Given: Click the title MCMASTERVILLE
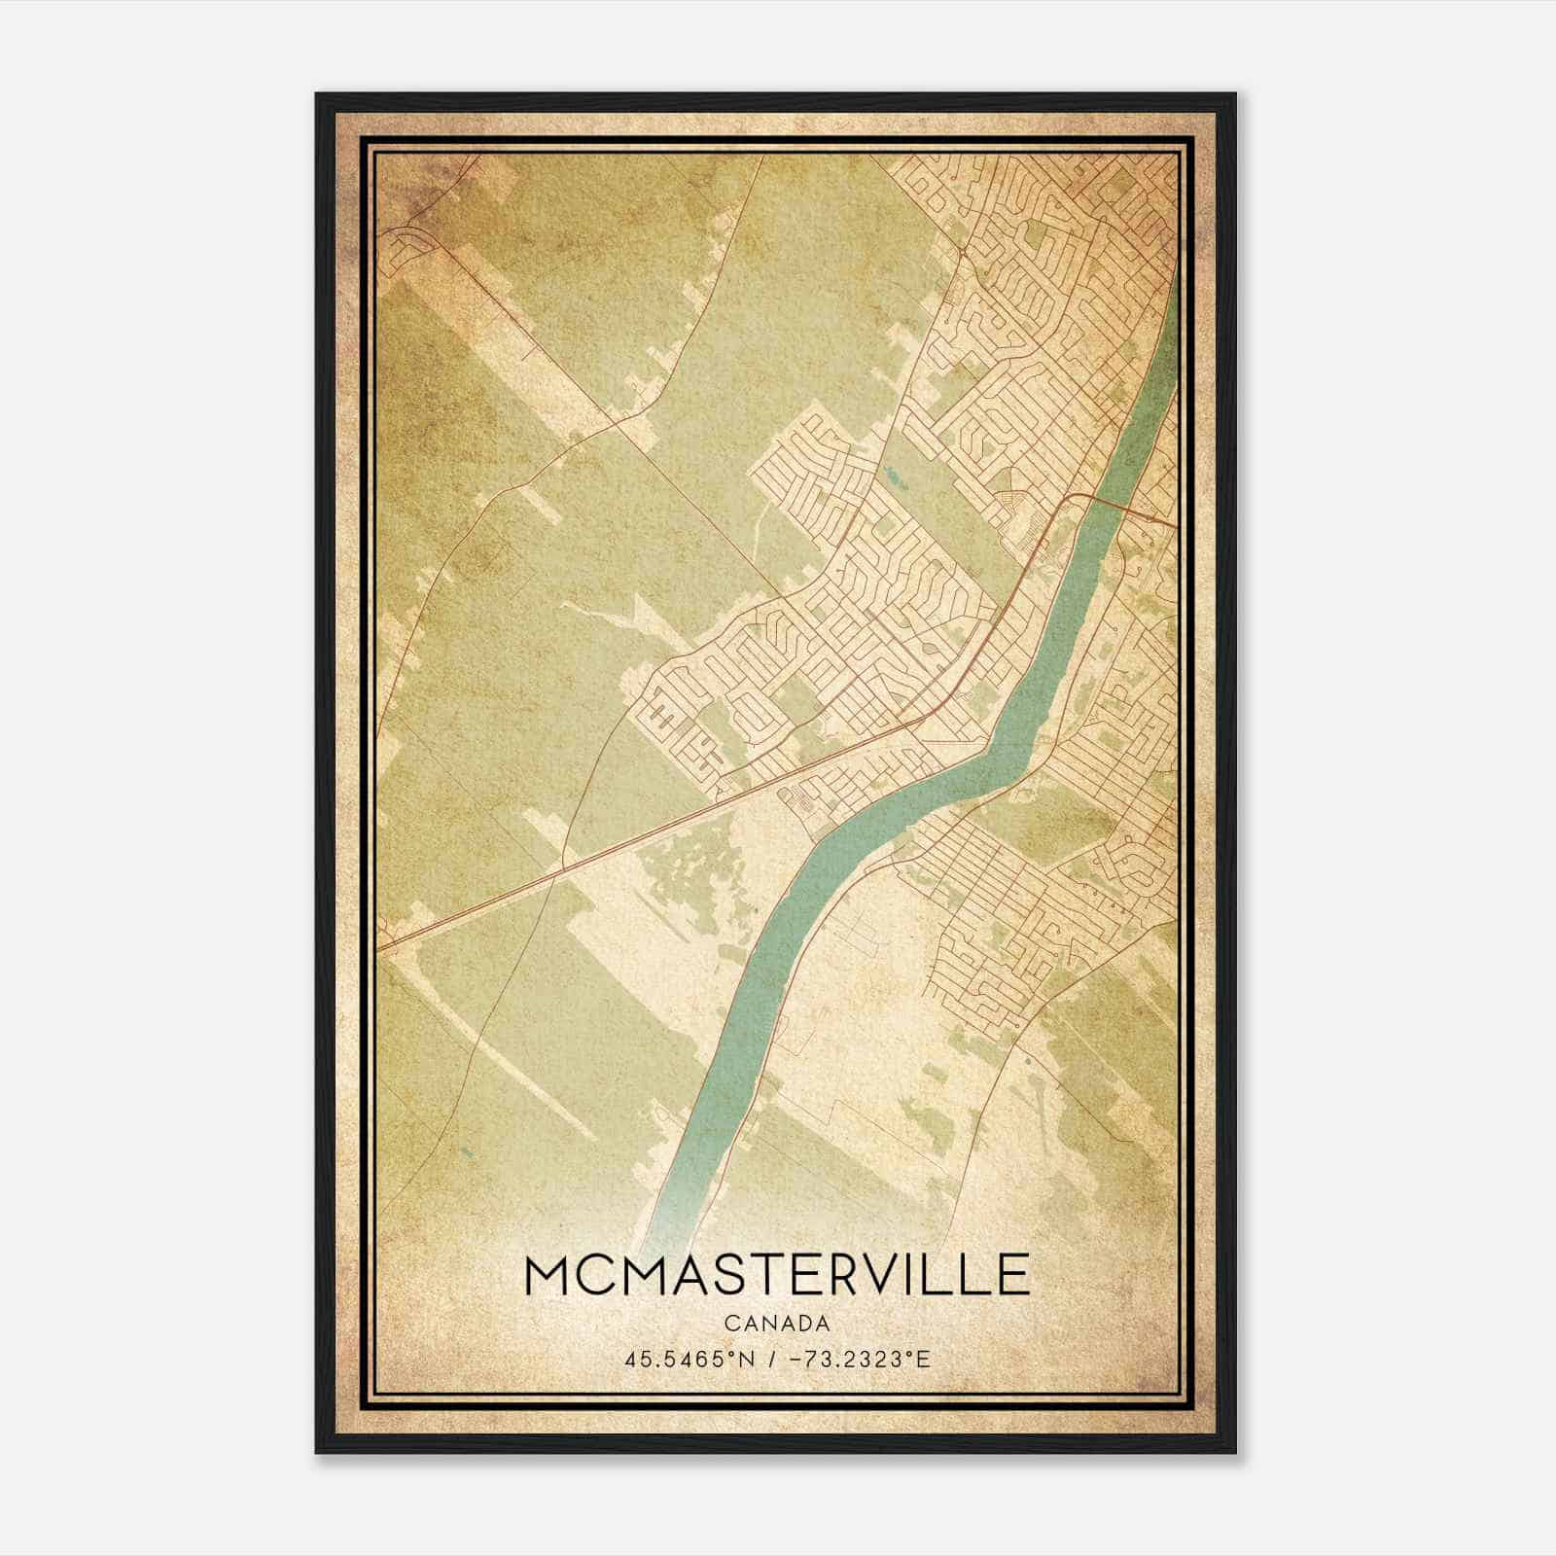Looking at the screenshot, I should point(776,1275).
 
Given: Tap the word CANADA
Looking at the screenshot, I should point(776,1324).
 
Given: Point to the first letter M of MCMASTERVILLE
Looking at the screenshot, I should point(548,1275).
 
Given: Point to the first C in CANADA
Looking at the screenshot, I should point(729,1324).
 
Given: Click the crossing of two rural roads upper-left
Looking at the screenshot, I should point(616,422).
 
